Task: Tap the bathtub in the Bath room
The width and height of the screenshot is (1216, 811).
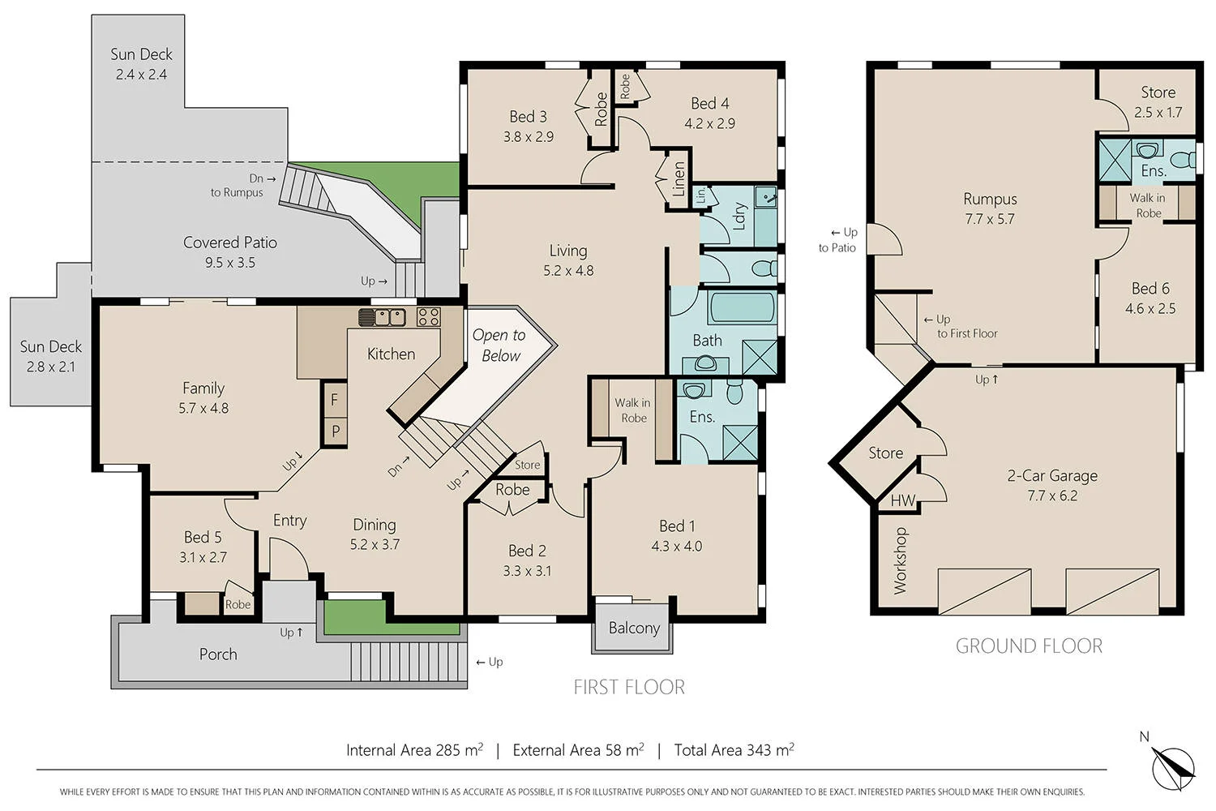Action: click(741, 308)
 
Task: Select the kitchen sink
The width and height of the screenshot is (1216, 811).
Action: click(382, 316)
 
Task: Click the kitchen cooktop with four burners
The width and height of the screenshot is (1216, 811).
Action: click(428, 316)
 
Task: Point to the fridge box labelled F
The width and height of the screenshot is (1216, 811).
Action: click(334, 400)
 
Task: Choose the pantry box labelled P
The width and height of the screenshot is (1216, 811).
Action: click(335, 431)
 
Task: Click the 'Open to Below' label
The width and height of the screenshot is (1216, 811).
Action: click(499, 345)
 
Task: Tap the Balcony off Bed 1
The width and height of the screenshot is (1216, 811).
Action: click(634, 628)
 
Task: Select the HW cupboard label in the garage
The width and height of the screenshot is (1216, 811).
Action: click(902, 500)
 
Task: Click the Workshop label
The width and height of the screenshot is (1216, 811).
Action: click(900, 560)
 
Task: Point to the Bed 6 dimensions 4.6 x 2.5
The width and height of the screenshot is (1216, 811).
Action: click(1150, 308)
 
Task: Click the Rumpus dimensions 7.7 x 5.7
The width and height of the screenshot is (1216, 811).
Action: click(990, 219)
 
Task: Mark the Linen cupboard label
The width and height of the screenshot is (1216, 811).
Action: click(679, 179)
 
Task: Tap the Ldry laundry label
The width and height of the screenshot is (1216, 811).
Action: click(739, 216)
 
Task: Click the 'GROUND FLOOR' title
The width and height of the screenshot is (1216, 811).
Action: click(1029, 646)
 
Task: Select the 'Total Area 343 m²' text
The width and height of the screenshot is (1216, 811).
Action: click(734, 750)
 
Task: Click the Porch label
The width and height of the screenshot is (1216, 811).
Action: click(218, 654)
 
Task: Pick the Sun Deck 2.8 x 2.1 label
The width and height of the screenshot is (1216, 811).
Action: click(50, 356)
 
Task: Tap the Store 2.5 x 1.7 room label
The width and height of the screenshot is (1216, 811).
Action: click(1158, 102)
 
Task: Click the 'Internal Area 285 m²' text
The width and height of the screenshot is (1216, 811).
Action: click(414, 750)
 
